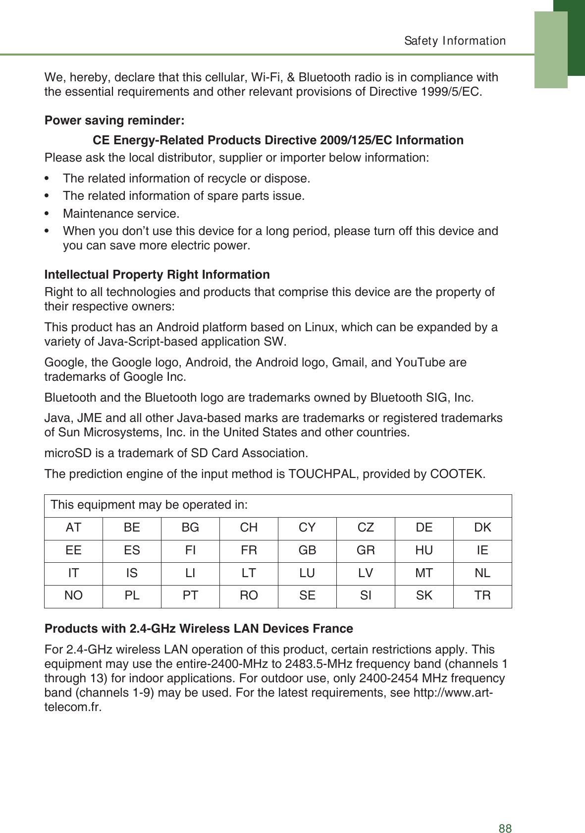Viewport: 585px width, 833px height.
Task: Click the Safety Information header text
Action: pos(455,41)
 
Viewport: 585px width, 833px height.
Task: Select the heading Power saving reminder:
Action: pos(114,120)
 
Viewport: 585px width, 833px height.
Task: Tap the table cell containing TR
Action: pos(482,595)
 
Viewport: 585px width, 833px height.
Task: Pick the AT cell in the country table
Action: pos(73,528)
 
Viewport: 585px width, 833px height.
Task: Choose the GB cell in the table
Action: pos(307,550)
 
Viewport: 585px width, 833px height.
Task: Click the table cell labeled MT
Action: pos(424,573)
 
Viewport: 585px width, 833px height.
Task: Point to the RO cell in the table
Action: pos(249,595)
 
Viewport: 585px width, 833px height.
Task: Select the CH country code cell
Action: pos(249,528)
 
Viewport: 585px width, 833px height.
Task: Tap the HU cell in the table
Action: pos(424,550)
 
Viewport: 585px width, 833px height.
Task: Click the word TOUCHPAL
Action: pos(322,474)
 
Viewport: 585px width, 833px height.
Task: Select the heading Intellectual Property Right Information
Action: pos(157,275)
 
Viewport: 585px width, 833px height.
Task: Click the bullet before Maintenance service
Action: pos(47,214)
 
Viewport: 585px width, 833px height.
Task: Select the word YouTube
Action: pos(421,362)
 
